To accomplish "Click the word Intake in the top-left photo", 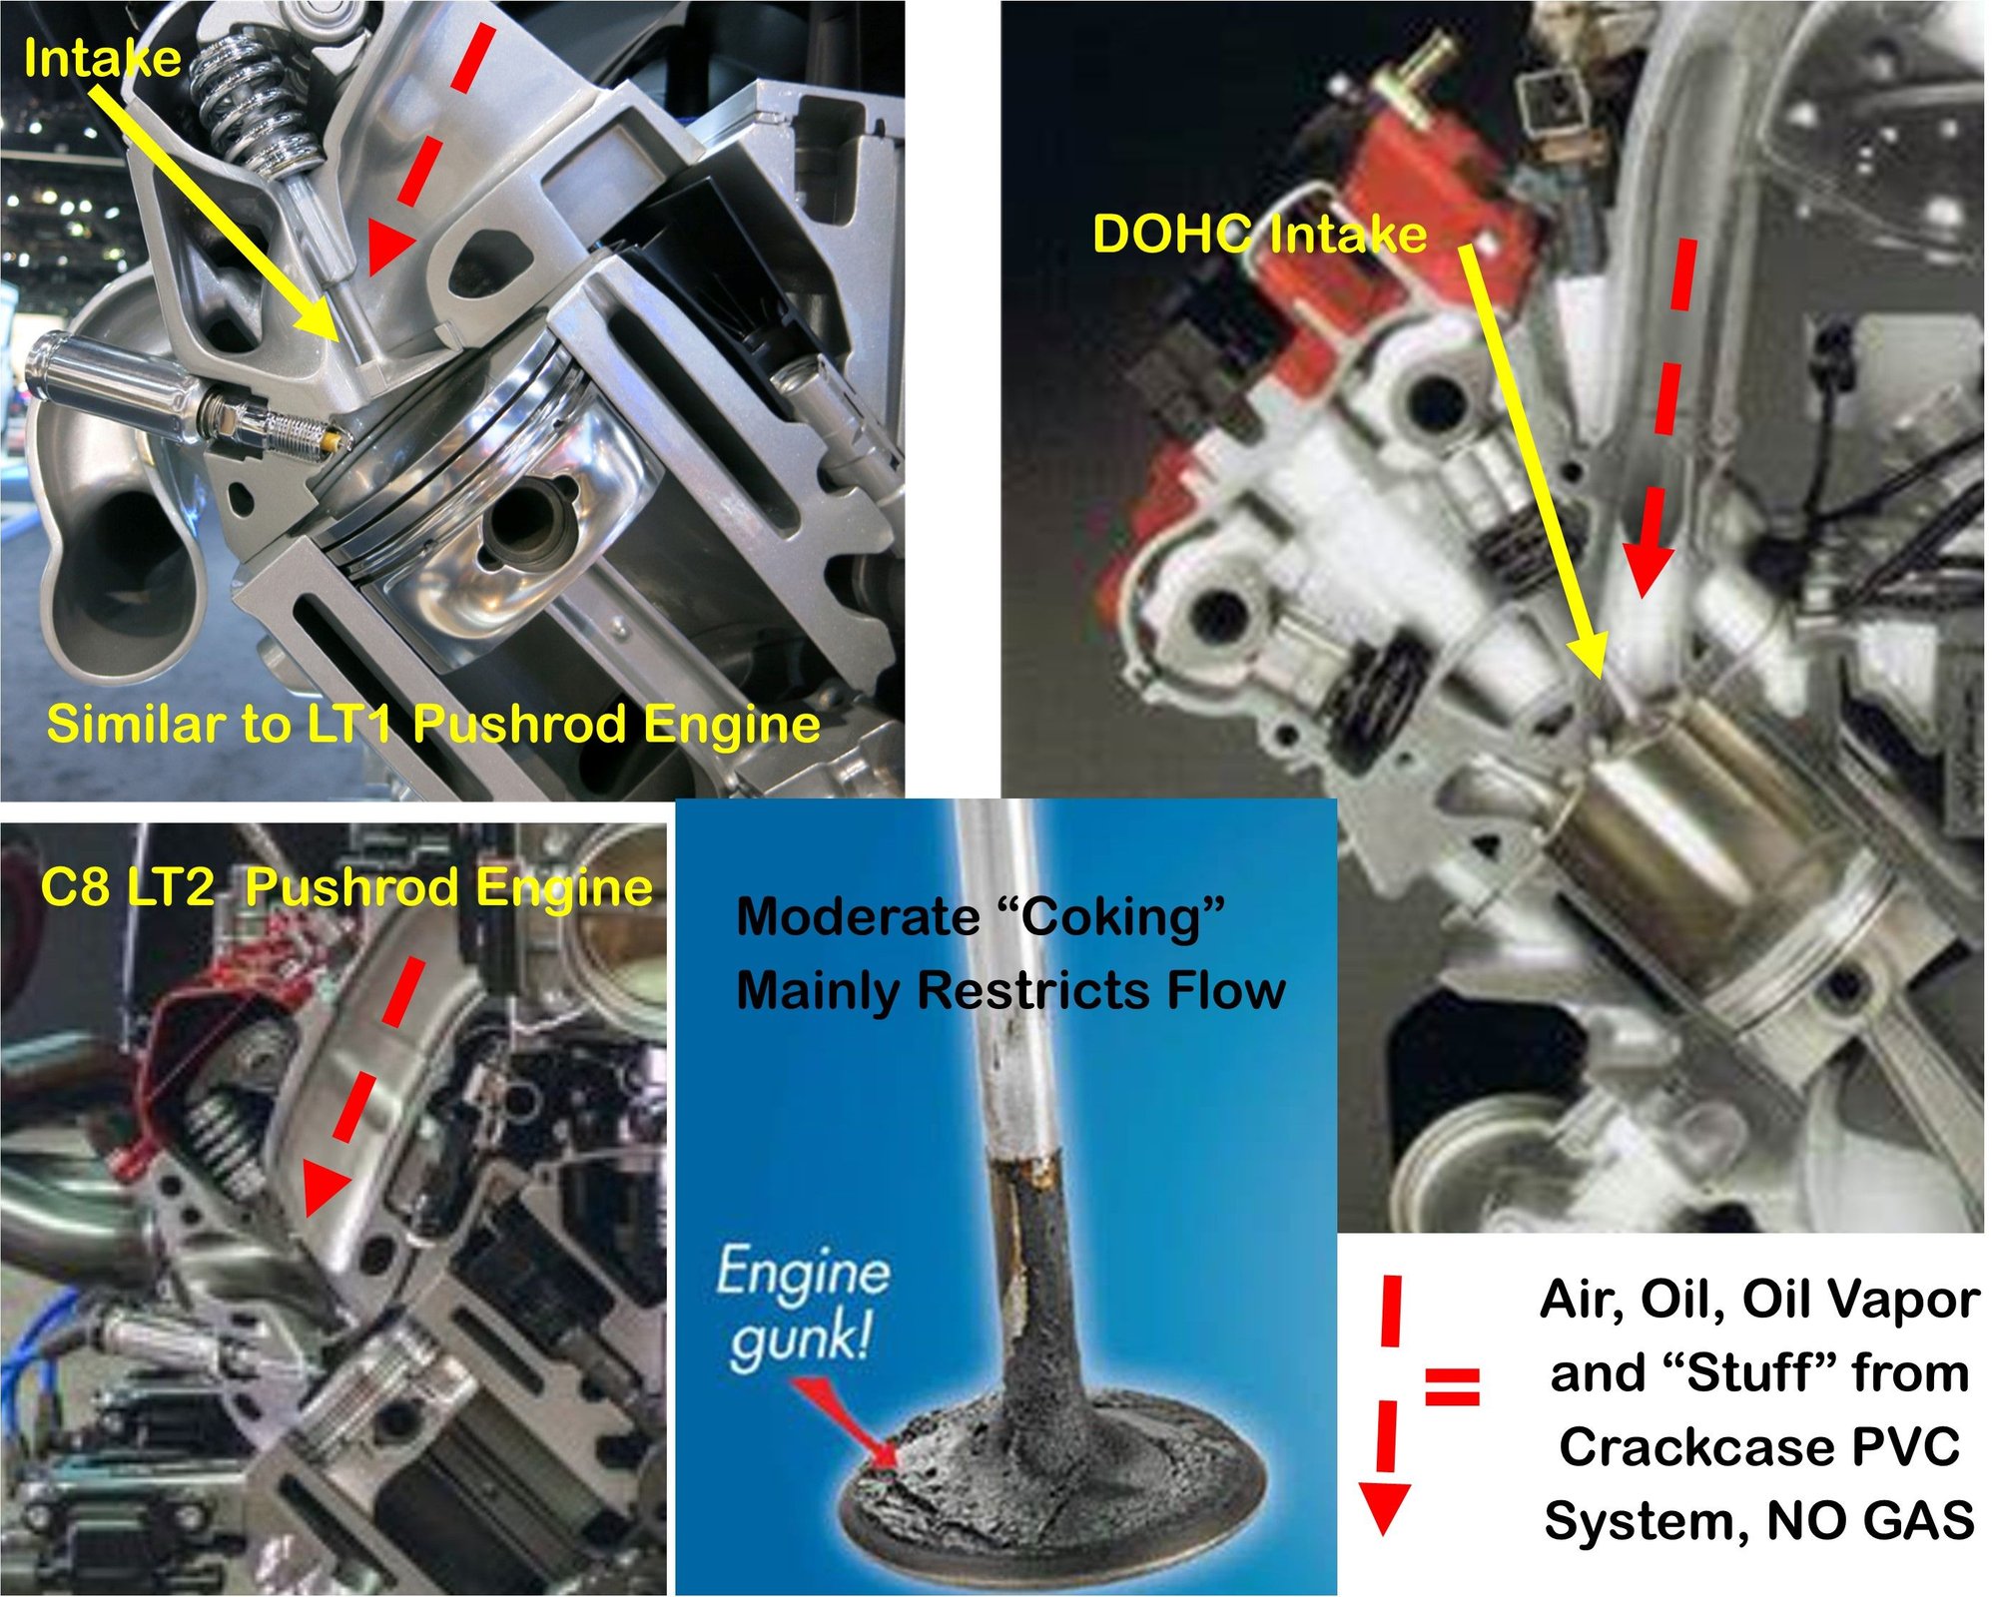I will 102,58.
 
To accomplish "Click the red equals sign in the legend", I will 1451,1386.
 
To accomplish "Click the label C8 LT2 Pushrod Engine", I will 346,886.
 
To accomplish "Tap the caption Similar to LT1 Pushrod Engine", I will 433,724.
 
